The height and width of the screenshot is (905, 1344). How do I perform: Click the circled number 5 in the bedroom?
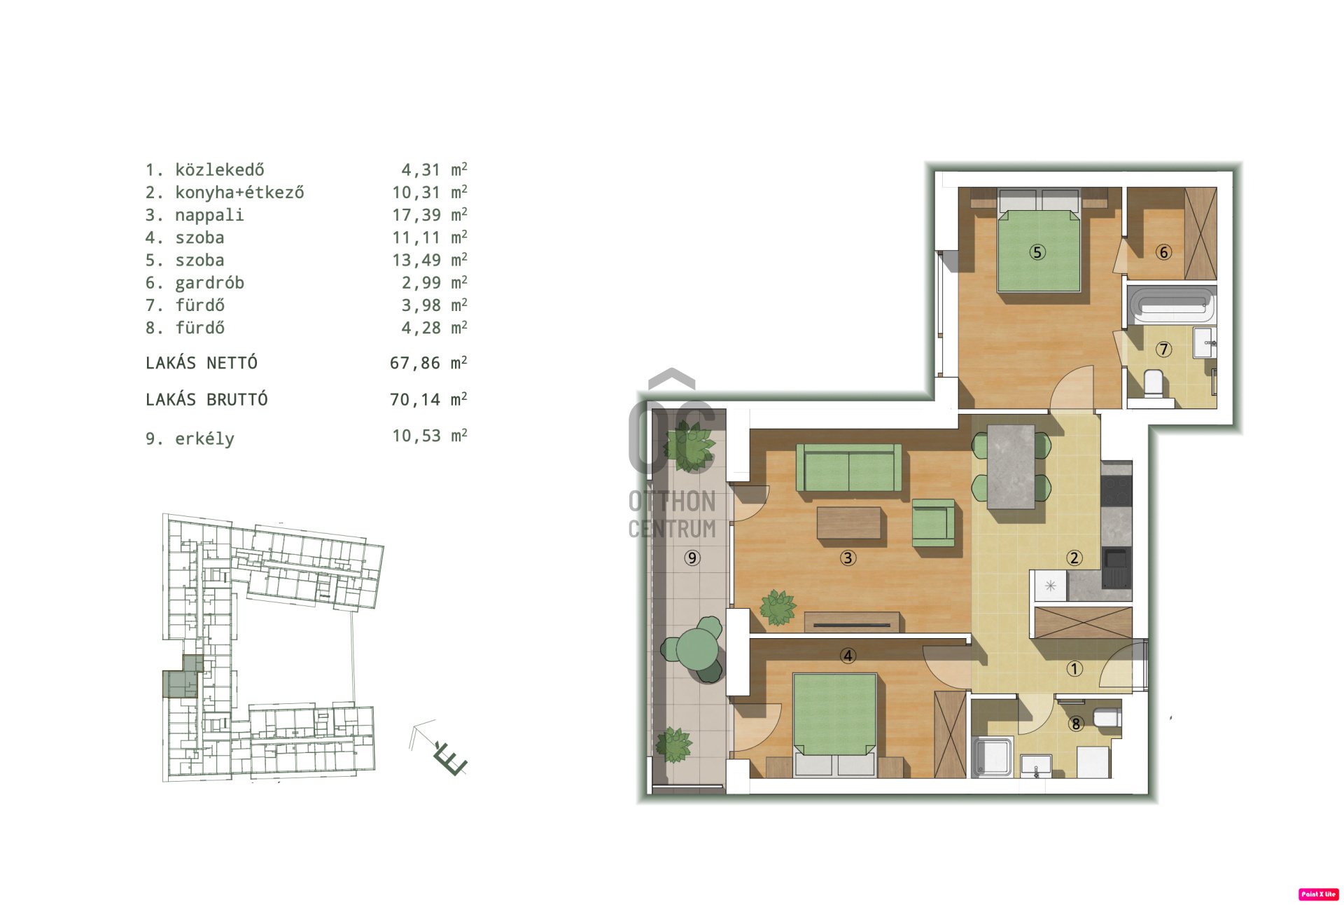tap(1037, 252)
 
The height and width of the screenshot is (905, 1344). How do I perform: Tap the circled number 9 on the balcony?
tap(692, 558)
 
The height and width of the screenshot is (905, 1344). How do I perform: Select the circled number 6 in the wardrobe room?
tap(1163, 252)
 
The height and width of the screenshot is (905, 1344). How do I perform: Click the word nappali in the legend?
tap(209, 216)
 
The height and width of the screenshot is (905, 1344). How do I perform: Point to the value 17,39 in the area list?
tap(416, 215)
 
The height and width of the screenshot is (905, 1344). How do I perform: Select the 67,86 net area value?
tap(415, 363)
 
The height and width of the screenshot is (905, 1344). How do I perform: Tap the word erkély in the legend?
tap(204, 438)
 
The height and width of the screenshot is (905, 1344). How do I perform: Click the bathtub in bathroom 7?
tap(1172, 305)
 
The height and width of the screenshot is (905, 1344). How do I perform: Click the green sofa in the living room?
tap(848, 467)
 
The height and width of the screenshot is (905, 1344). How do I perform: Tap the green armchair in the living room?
tap(934, 523)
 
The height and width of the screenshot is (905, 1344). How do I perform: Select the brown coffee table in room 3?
tap(848, 523)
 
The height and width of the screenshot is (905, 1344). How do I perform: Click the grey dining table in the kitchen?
tap(1011, 467)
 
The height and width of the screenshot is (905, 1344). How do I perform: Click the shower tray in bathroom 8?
tap(992, 757)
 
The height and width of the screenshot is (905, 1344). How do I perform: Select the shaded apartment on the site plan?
tap(182, 677)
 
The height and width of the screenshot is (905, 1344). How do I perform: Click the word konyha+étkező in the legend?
tap(239, 193)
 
